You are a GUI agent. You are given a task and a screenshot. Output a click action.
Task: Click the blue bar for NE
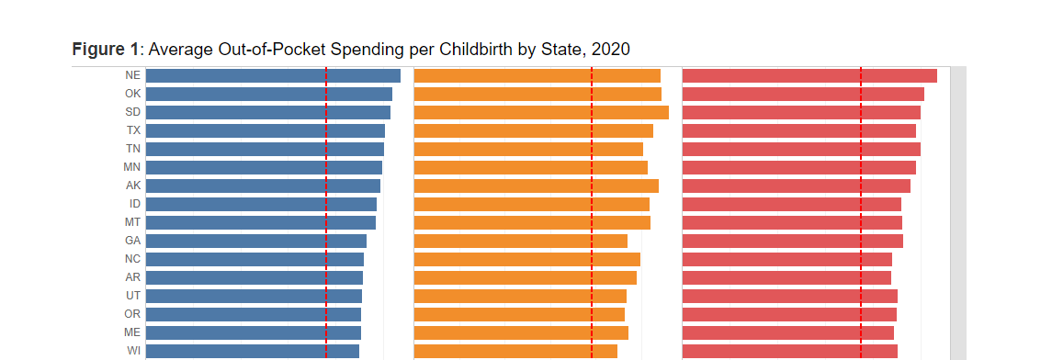272,75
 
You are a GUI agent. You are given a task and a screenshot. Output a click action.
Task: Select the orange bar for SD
541,112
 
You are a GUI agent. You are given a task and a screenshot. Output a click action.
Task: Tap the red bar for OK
802,94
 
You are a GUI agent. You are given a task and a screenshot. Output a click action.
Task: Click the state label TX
133,130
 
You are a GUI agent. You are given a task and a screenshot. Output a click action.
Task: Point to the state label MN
132,167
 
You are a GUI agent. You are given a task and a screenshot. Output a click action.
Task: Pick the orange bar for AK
536,186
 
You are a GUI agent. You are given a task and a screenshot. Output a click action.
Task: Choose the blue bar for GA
255,241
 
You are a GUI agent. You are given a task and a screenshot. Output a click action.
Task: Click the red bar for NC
786,259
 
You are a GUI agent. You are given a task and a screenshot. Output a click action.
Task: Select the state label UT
133,296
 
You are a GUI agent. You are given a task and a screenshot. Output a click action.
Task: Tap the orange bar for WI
515,350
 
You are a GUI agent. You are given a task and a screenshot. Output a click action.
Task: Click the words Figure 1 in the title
105,50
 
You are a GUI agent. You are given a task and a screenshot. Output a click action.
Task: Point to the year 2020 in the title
611,50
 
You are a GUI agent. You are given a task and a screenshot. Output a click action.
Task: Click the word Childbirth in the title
473,50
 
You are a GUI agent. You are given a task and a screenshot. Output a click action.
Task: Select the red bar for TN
800,149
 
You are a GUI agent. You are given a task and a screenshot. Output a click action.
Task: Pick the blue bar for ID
261,204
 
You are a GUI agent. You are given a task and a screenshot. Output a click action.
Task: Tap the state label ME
132,332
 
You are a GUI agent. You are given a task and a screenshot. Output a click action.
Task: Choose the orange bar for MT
532,222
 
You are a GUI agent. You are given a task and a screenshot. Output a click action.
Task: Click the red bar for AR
786,277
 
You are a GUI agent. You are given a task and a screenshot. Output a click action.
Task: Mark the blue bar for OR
253,314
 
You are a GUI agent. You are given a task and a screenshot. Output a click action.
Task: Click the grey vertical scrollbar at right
957,211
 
